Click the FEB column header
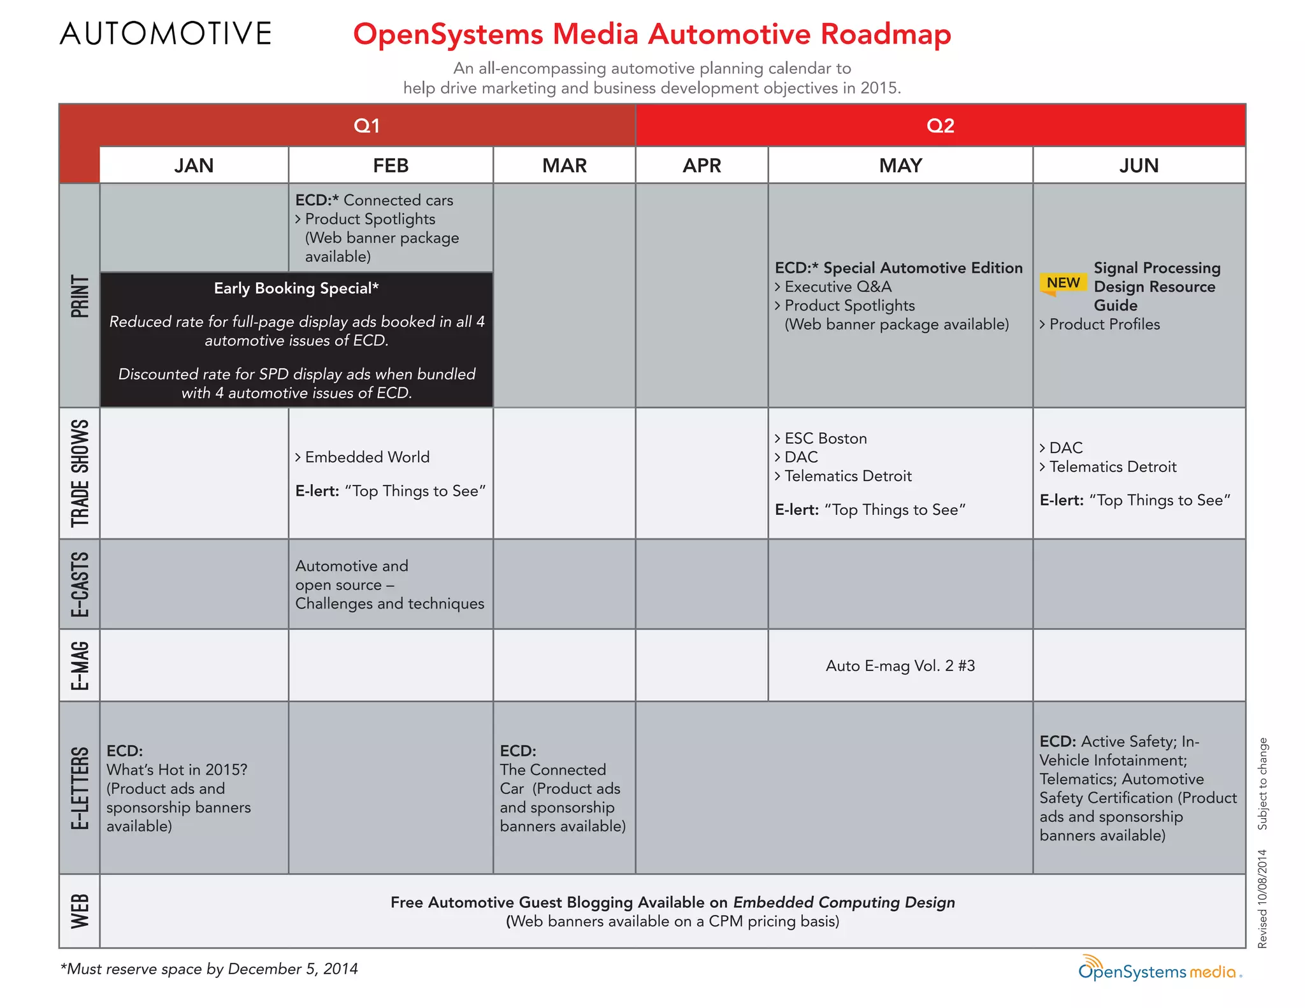[x=391, y=166]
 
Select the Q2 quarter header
[x=940, y=126]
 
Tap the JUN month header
[x=1139, y=166]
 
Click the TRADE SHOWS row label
[x=80, y=473]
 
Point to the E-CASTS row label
[x=80, y=584]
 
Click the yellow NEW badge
[x=1063, y=282]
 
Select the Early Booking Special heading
[x=296, y=289]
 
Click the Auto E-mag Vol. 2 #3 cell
[x=900, y=666]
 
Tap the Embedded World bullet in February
[x=366, y=457]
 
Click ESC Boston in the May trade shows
[x=825, y=438]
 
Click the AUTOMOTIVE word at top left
[x=166, y=34]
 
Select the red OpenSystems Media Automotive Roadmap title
[x=652, y=34]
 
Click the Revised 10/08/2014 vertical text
[x=1262, y=899]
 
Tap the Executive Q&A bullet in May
[x=837, y=287]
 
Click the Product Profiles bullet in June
[x=1104, y=324]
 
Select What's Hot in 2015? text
[x=177, y=770]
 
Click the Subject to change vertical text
[x=1262, y=784]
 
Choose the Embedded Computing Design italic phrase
[x=844, y=902]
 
